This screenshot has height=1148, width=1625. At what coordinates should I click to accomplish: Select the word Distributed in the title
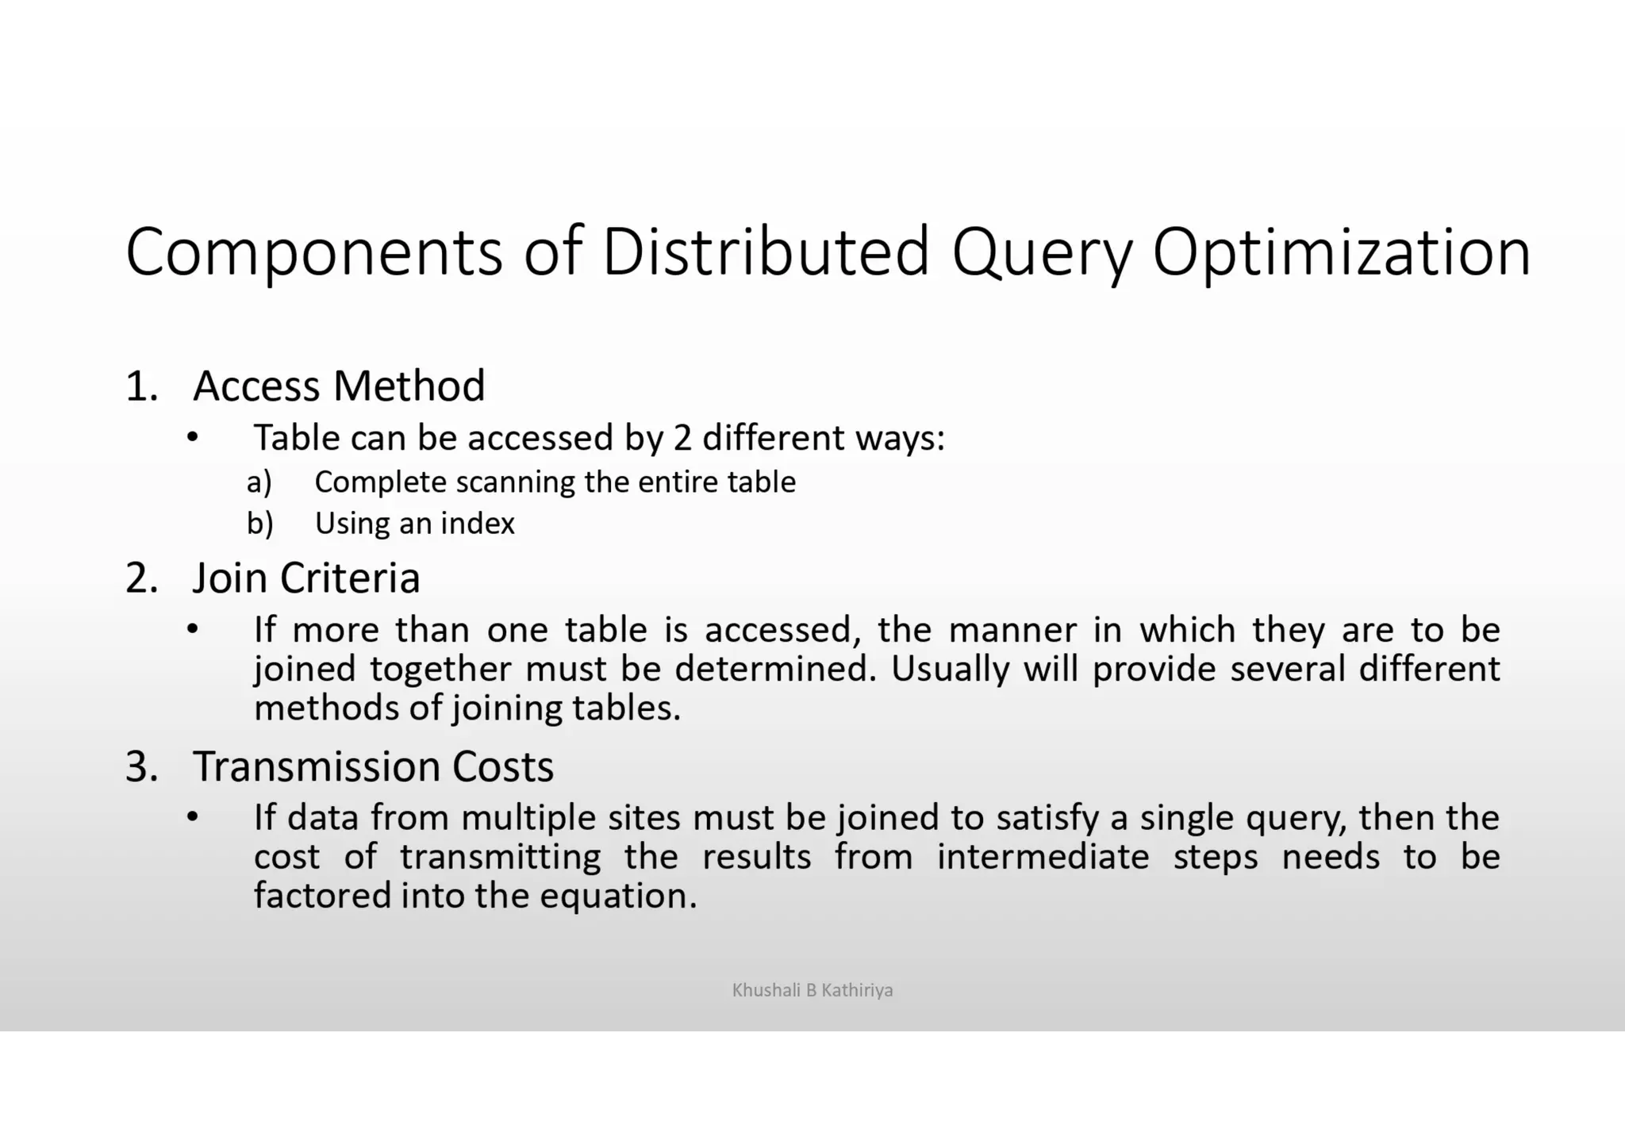click(x=766, y=252)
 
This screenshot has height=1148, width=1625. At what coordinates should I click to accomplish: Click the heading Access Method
click(x=339, y=386)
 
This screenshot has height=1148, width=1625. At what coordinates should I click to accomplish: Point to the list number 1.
click(x=141, y=387)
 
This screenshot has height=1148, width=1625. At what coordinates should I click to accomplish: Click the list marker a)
click(x=259, y=482)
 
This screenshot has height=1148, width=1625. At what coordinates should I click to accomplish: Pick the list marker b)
click(x=260, y=524)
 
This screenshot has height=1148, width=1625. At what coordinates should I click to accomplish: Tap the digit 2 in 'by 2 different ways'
click(x=682, y=438)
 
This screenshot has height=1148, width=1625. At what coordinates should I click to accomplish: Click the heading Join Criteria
click(x=306, y=578)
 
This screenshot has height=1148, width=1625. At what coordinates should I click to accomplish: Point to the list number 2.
click(x=141, y=578)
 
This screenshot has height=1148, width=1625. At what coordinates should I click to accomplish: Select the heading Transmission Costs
click(x=373, y=766)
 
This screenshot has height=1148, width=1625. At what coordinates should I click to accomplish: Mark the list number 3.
click(x=141, y=767)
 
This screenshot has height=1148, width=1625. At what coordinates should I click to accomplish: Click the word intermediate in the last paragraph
click(x=1043, y=857)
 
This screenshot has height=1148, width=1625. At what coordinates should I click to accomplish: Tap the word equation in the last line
click(x=618, y=897)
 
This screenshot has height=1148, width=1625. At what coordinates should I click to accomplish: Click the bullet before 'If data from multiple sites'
click(x=191, y=817)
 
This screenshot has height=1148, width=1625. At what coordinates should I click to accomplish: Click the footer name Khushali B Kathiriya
click(x=812, y=990)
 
